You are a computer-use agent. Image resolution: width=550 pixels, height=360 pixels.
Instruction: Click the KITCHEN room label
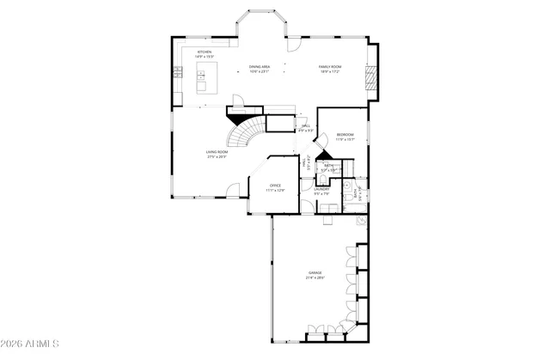tap(205, 52)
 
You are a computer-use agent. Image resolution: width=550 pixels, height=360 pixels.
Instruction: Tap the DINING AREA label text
tap(260, 66)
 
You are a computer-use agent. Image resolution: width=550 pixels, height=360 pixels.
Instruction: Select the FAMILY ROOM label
tap(331, 66)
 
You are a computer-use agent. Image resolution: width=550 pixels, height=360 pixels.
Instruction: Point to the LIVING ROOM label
tap(217, 152)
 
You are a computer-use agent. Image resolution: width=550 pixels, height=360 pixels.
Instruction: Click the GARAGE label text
tap(315, 272)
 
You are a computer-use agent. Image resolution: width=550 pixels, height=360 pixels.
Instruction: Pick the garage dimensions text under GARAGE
tap(315, 278)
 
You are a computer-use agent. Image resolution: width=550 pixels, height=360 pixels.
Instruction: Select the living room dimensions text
tap(217, 157)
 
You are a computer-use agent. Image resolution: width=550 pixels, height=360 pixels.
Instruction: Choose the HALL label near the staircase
tap(305, 126)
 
